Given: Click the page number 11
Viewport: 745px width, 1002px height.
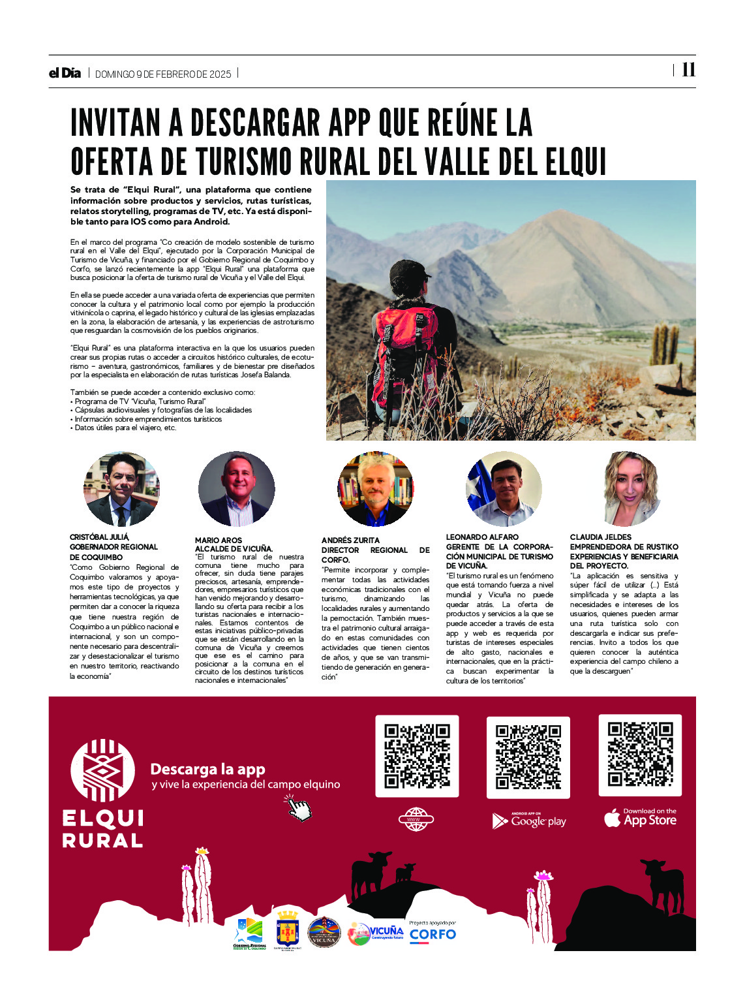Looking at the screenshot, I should coord(688,70).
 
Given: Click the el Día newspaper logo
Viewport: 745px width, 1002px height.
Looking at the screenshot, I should coord(65,73).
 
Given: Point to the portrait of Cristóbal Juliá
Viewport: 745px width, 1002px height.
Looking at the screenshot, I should coord(121,489).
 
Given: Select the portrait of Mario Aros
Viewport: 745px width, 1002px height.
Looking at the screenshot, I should coord(236,489).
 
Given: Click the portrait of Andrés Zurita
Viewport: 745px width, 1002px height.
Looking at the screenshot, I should coord(375,489).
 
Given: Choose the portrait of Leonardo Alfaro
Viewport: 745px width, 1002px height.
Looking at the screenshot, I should coord(504,489).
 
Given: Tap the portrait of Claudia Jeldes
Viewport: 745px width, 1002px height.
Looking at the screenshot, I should coord(632,489).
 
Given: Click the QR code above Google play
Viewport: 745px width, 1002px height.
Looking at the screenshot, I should coord(528,757).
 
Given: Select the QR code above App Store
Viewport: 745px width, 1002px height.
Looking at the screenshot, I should coord(640,755).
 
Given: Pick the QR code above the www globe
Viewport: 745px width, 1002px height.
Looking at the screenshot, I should coord(417,756).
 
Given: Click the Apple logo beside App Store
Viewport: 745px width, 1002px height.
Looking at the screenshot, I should coord(612,818).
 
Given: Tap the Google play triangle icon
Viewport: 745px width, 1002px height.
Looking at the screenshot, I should coord(499,821).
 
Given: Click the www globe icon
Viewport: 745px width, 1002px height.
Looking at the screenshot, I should coord(416,819).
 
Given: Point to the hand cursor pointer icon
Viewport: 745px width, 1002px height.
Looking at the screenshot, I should coord(299,808).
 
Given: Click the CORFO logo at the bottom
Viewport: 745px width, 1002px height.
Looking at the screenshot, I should coord(433,934).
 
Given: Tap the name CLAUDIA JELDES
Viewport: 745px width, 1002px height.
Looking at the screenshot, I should coord(600,537).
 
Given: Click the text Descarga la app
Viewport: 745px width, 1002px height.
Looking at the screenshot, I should coord(207,769).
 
